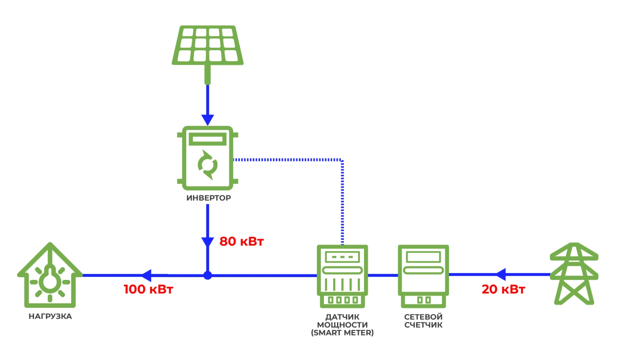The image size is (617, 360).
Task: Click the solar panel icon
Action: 207,45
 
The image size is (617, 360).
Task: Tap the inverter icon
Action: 207,158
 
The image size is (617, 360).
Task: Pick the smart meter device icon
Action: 342,276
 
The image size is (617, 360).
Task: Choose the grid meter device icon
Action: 423,276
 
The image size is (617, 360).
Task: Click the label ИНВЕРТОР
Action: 209,198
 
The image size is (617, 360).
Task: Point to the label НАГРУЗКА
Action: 50,316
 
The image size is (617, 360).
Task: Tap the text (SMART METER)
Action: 342,333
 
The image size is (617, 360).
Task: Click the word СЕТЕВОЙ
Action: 423,317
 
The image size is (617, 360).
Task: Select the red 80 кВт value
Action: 241,242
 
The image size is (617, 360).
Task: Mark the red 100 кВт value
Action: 148,289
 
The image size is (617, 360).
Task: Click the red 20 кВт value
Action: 503,289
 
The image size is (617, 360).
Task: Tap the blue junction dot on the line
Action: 207,276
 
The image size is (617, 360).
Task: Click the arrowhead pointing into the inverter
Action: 207,119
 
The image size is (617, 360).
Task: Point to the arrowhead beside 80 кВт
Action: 207,242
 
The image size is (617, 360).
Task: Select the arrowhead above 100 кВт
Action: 147,275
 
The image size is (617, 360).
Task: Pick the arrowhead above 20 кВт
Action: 500,274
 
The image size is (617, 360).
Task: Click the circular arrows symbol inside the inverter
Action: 207,165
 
